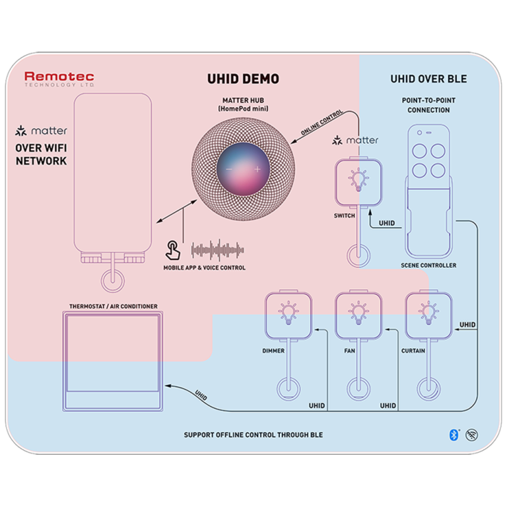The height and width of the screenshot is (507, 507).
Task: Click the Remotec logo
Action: (x=59, y=79)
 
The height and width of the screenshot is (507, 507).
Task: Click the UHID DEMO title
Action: (x=244, y=79)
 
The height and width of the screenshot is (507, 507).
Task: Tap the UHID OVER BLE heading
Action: (x=428, y=79)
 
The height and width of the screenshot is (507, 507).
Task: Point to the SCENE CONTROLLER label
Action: (x=428, y=265)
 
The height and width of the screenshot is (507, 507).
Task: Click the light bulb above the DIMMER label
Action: (x=287, y=313)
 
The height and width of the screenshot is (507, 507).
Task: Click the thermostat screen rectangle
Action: (x=112, y=353)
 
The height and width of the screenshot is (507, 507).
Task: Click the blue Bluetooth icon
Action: (x=454, y=434)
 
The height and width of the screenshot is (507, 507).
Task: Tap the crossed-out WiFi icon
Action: (x=472, y=434)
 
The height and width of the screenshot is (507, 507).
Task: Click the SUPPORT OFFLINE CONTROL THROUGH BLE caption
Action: (x=253, y=435)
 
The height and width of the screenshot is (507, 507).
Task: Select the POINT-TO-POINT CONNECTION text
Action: (x=428, y=105)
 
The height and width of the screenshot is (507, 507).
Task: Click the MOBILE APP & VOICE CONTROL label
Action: (x=205, y=267)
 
